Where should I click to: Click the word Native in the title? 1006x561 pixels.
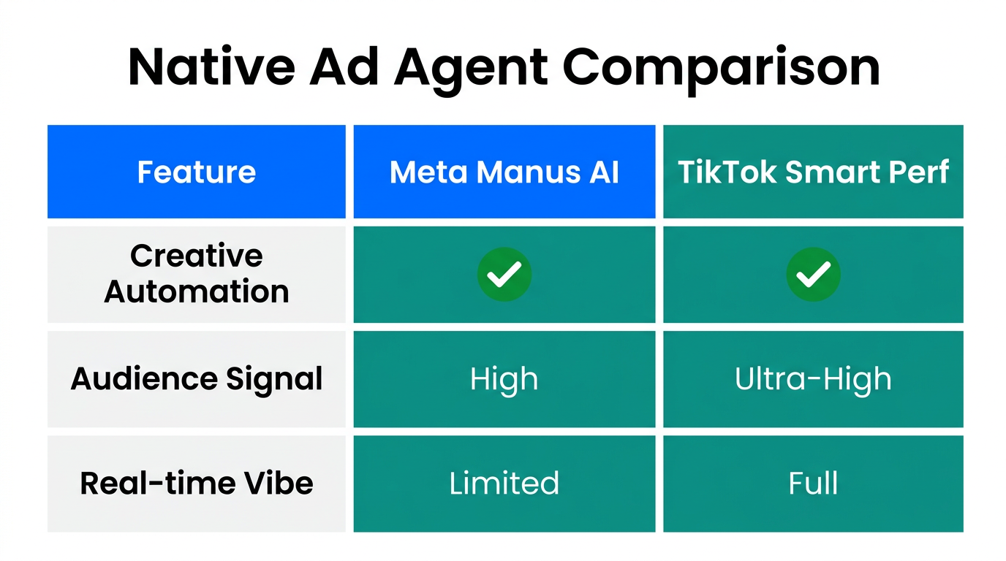point(211,68)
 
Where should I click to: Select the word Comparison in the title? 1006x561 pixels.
point(721,68)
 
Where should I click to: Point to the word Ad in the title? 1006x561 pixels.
point(348,68)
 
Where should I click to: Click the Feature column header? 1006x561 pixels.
point(197,172)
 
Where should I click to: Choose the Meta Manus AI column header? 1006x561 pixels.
point(504,172)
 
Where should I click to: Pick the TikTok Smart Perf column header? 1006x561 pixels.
point(813,172)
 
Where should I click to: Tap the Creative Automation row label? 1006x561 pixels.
point(197,274)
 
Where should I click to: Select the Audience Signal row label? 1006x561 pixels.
point(197,379)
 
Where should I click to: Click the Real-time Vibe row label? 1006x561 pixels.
point(197,484)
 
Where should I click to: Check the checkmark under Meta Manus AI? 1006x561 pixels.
point(504,274)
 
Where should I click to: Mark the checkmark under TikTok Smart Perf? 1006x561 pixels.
point(813,274)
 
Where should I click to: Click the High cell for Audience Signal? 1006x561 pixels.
point(504,379)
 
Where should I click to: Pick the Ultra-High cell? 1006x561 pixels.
point(813,379)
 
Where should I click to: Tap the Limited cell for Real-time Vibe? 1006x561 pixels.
point(504,484)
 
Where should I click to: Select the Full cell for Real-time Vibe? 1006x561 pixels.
point(813,484)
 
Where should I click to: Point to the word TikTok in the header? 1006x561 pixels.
point(726,172)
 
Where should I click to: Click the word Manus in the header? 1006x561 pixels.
point(522,172)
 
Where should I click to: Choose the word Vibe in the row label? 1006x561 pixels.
point(281,484)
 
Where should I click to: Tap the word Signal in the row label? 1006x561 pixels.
point(274,379)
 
